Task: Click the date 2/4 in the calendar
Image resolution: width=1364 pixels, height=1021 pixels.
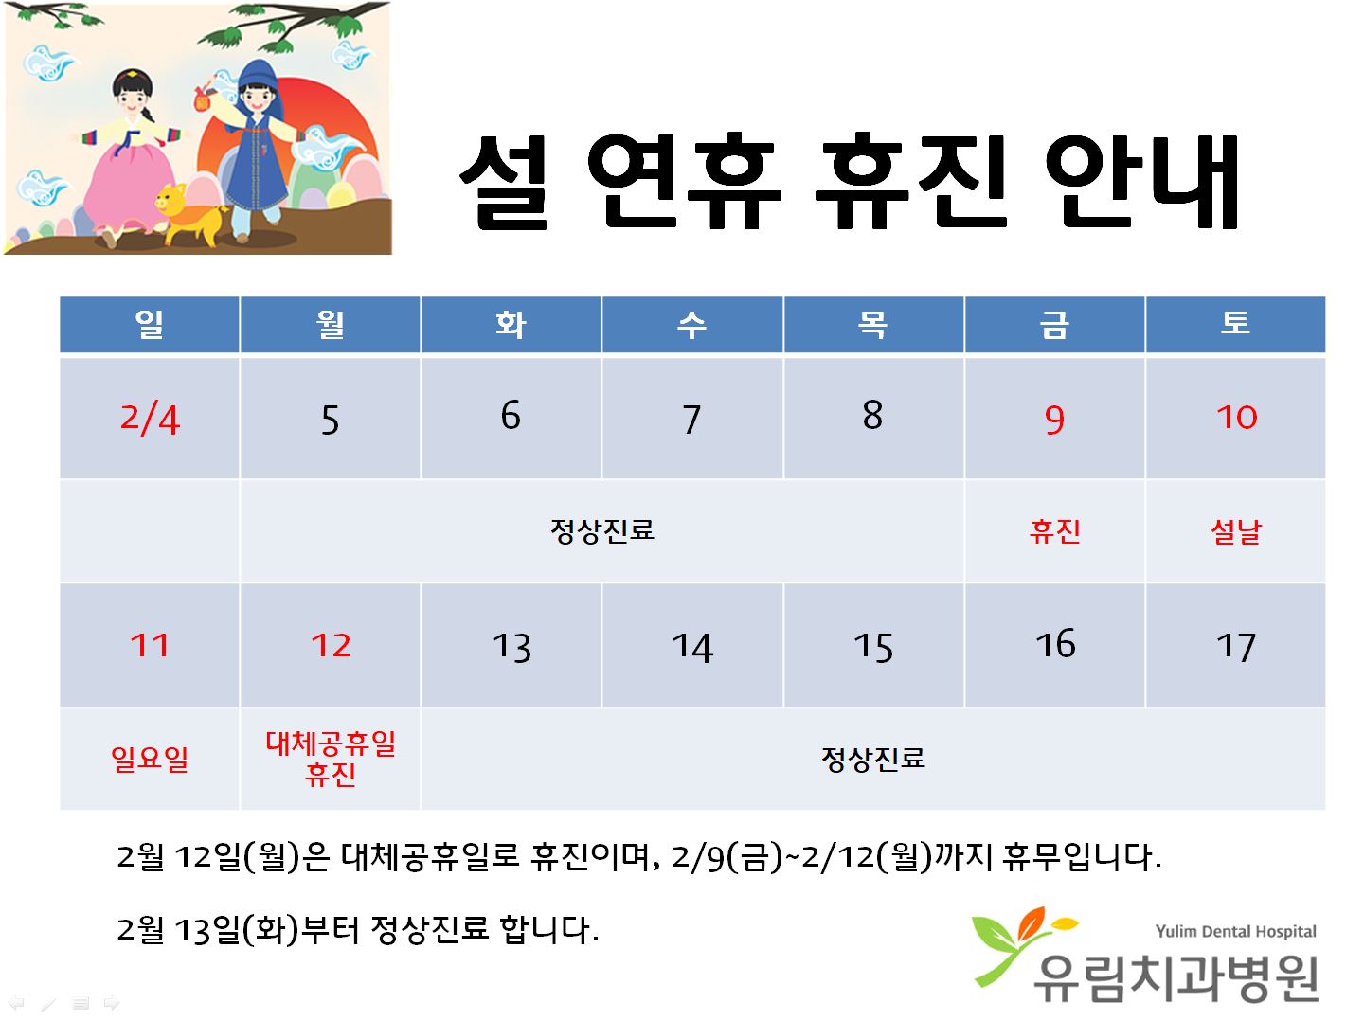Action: pos(150,419)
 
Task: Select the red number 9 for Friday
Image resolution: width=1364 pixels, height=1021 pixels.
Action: pos(1054,420)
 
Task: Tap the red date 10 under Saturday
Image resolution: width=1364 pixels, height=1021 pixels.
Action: pos(1236,417)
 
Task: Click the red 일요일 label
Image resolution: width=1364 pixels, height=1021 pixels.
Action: pos(150,759)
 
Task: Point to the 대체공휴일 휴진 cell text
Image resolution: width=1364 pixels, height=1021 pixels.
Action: pos(331,759)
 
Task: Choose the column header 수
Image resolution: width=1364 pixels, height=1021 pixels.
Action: pos(691,324)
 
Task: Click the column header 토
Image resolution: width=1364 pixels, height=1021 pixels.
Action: pos(1235,322)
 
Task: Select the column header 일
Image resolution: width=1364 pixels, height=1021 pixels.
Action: pos(149,324)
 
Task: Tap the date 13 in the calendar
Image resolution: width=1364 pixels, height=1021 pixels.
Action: pos(511,647)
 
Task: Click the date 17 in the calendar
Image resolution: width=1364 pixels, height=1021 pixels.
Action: pos(1235,647)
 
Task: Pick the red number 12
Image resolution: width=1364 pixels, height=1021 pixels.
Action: pos(331,645)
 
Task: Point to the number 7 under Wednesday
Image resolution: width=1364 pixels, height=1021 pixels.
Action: pos(691,420)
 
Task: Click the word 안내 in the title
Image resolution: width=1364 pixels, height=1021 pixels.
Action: pos(1142,181)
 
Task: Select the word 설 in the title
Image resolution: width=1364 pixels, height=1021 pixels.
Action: pos(505,181)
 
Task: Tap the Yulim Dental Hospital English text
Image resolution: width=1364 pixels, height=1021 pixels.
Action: pos(1235,931)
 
